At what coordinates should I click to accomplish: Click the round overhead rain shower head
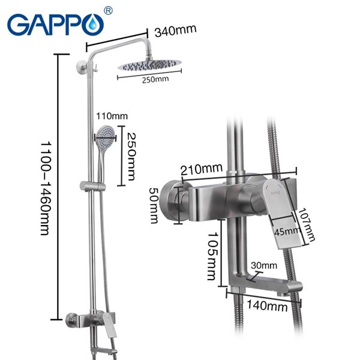[x=147, y=67]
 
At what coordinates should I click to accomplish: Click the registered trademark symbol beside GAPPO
[x=108, y=10]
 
